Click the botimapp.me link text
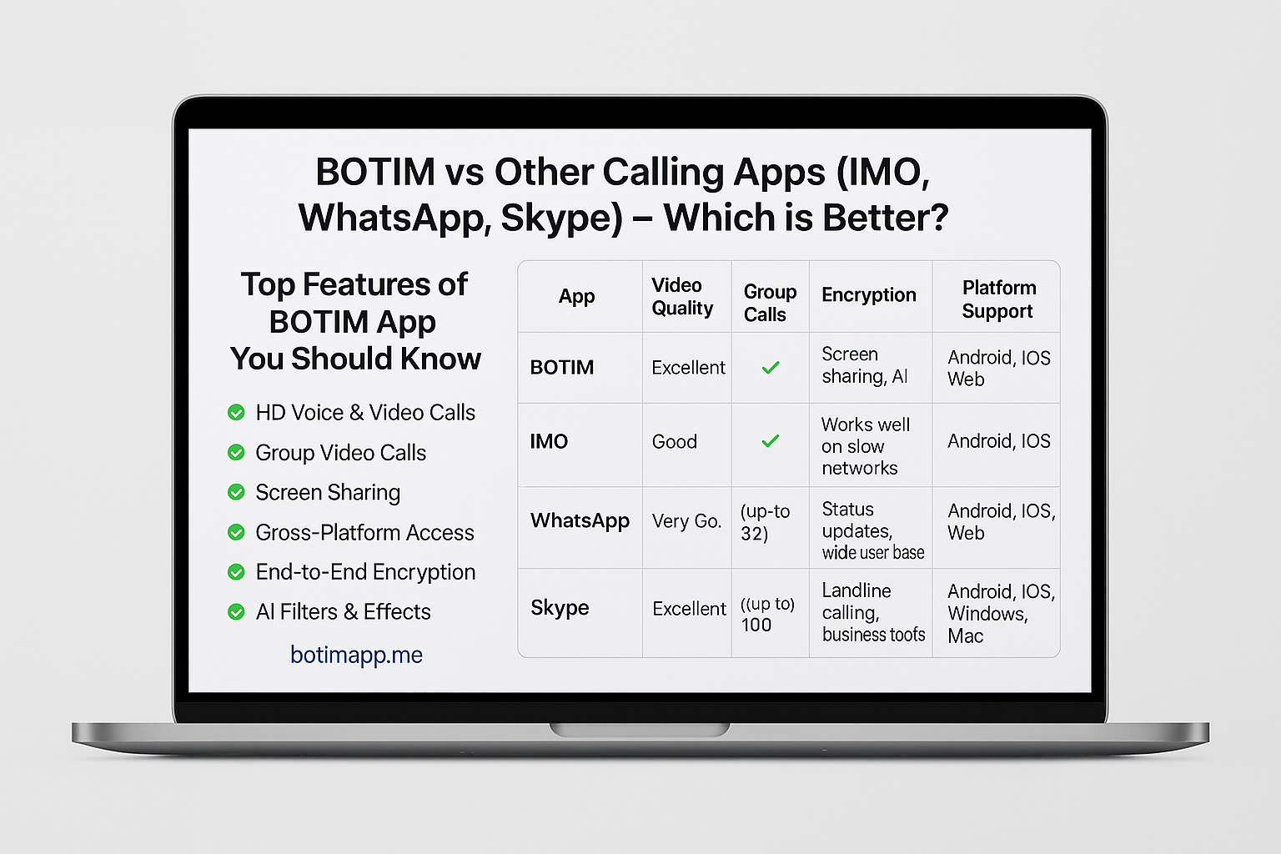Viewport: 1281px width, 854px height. point(356,655)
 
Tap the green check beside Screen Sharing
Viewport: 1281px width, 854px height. point(236,492)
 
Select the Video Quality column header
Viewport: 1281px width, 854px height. point(682,296)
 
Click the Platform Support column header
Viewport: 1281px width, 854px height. point(998,299)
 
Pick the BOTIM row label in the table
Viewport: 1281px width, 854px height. point(561,367)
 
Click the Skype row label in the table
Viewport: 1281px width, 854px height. point(560,608)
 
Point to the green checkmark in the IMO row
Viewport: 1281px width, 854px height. point(771,440)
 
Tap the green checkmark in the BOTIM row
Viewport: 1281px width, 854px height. point(771,367)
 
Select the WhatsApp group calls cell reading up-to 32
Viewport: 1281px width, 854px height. point(765,522)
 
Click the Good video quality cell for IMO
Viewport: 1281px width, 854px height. point(674,441)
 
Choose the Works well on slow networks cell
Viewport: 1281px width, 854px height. point(865,446)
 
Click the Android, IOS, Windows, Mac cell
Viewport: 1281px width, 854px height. point(1001,613)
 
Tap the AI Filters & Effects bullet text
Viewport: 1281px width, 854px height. point(343,611)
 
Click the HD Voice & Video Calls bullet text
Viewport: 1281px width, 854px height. point(365,413)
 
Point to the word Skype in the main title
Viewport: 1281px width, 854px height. point(561,219)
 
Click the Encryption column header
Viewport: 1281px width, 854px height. point(869,295)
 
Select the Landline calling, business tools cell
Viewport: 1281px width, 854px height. point(873,612)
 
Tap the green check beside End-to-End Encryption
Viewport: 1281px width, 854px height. point(236,572)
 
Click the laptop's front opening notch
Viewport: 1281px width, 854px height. point(640,729)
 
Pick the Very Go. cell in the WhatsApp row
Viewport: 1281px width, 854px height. point(686,521)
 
